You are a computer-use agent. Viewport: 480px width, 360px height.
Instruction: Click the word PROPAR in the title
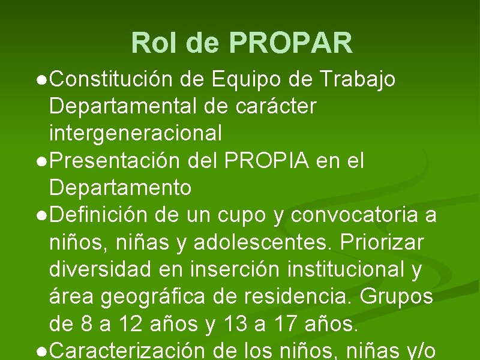[290, 43]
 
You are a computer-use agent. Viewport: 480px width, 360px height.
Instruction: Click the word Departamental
[122, 106]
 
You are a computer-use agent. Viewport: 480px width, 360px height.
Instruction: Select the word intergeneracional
[136, 133]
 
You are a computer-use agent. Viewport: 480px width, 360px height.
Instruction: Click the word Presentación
[113, 160]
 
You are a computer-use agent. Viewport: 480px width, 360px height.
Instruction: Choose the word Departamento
[120, 188]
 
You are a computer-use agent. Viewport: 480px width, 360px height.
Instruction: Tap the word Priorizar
[382, 242]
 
